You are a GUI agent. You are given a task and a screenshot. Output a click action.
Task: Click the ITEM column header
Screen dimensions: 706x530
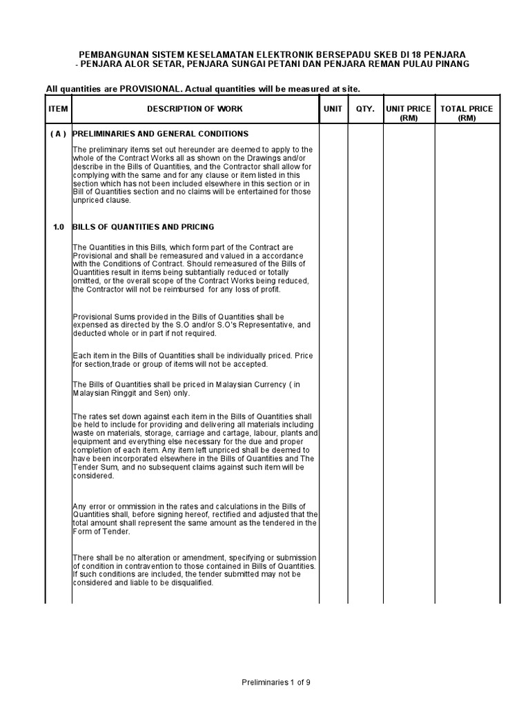(58, 109)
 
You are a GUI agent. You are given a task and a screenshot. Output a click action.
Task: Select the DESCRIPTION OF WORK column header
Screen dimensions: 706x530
(195, 109)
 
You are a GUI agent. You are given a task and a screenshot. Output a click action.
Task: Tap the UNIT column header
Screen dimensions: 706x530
(333, 109)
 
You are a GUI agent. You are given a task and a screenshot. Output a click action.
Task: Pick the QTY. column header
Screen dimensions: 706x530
(365, 109)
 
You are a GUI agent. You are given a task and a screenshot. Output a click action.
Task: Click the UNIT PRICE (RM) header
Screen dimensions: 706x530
(409, 113)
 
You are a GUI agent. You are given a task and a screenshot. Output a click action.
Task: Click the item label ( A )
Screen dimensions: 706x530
(58, 134)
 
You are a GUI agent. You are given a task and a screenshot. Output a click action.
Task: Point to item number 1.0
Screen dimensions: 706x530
(58, 227)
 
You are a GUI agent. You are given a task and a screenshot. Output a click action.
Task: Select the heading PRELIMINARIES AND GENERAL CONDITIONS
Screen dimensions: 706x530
(160, 134)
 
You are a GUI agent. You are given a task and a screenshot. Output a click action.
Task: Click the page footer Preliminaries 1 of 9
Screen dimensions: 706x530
(276, 683)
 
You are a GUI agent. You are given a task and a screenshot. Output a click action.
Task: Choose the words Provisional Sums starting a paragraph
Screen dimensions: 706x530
(101, 318)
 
